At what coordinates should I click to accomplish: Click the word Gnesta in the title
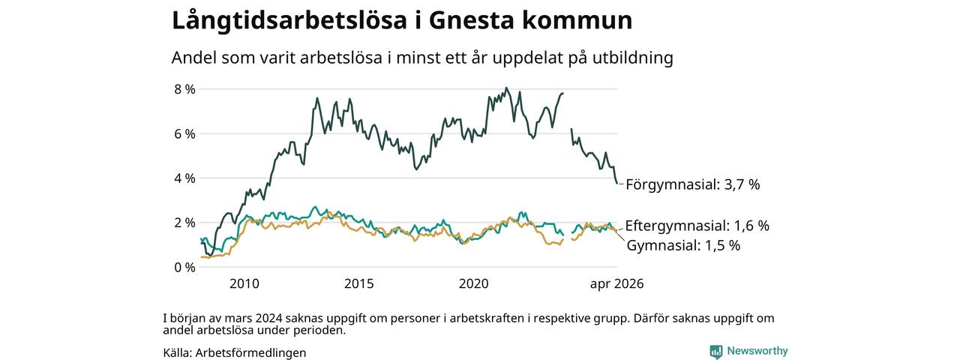coord(471,20)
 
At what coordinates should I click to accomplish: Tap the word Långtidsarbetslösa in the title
coord(289,21)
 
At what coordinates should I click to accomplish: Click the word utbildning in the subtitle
coord(632,58)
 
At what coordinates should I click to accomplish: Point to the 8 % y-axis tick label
coord(184,89)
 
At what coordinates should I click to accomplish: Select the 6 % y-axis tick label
coord(184,134)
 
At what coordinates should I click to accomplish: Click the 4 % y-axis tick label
coord(184,178)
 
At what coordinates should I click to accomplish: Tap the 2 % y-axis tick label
coord(184,223)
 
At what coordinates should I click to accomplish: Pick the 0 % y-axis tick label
coord(184,268)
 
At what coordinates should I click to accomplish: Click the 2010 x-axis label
coord(244,283)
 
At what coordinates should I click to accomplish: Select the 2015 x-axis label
coord(359,283)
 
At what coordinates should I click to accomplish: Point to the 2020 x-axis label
coord(473,283)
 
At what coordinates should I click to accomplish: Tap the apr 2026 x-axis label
coord(616,283)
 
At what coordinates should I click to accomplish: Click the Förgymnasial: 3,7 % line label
coord(692,184)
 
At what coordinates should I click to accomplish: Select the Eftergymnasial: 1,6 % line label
coord(697,226)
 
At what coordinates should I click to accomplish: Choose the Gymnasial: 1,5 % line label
coord(683,245)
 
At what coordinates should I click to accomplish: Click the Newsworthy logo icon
coord(715,352)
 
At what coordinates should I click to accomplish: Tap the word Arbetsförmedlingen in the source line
coord(250,352)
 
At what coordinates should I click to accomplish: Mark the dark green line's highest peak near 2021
coord(506,88)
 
